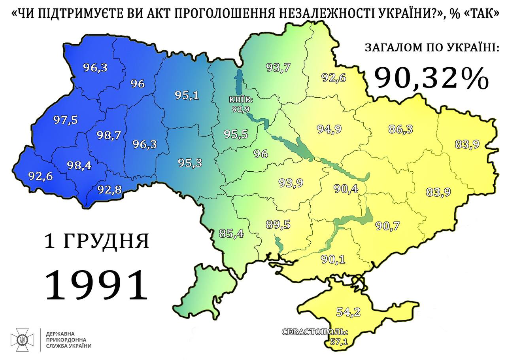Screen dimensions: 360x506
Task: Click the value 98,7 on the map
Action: tap(109, 135)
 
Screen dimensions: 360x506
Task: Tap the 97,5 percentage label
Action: tap(65, 119)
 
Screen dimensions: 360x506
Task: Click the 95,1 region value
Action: tap(187, 95)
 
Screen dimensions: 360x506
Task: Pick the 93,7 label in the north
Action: tap(278, 68)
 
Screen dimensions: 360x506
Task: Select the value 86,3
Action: tap(400, 129)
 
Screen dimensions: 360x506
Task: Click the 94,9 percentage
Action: tap(329, 129)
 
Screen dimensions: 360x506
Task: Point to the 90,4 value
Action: tap(346, 189)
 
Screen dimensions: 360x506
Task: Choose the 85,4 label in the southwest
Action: tap(231, 234)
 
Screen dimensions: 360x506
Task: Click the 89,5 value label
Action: tap(278, 225)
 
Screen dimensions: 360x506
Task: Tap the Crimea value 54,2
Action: tap(348, 312)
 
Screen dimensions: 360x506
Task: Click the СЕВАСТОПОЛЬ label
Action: tap(315, 332)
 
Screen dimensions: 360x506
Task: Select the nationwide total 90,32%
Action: tap(431, 78)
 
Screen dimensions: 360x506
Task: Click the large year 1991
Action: tap(96, 284)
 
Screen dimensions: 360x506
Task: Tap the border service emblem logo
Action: tap(22, 340)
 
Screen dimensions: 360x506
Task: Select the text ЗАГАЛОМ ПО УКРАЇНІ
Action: tap(432, 48)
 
